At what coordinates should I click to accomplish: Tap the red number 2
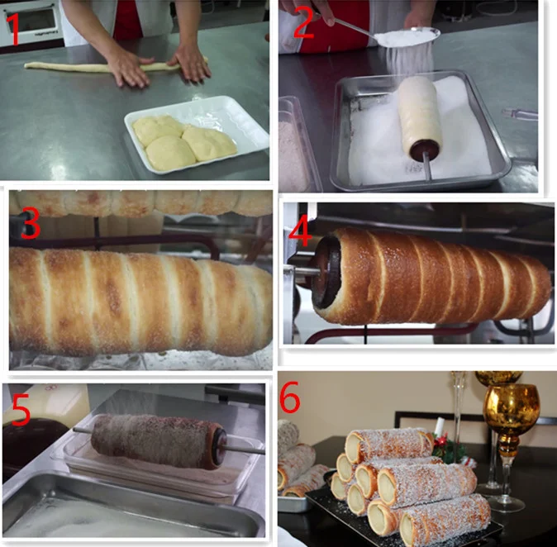pyautogui.click(x=303, y=23)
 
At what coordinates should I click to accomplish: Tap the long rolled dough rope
pyautogui.click(x=83, y=67)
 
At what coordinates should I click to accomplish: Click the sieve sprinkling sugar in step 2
pyautogui.click(x=405, y=37)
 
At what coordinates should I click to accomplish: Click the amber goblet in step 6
pyautogui.click(x=511, y=409)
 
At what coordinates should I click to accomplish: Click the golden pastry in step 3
pyautogui.click(x=140, y=302)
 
